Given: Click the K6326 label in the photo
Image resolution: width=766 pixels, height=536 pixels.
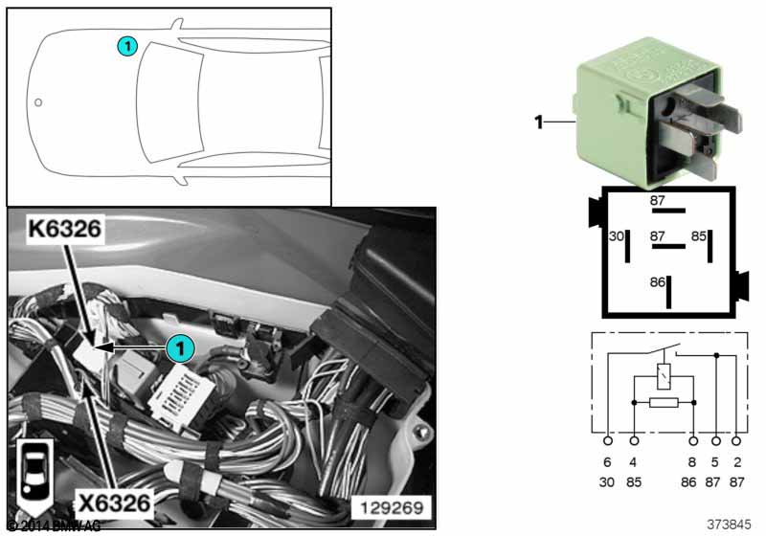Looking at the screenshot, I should (x=65, y=232).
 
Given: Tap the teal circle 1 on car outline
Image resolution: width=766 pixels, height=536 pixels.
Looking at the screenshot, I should (x=126, y=44).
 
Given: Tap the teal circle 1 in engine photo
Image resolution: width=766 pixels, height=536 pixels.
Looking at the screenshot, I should (x=177, y=348).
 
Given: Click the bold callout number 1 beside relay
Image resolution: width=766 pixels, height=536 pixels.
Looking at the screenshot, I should (x=538, y=122).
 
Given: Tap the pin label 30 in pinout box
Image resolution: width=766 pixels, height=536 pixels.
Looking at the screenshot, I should (x=617, y=236).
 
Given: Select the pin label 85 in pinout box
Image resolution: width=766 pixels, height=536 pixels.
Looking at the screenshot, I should (x=699, y=236).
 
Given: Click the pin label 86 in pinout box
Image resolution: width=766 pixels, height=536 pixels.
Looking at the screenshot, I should (x=657, y=282).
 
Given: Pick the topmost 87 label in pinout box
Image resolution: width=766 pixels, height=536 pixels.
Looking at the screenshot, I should (x=657, y=201).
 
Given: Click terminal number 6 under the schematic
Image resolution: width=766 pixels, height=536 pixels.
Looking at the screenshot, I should (x=608, y=464).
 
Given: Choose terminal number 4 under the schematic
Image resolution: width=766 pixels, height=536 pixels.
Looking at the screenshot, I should (x=634, y=464).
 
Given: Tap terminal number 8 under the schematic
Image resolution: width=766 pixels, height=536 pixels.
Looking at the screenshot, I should (x=692, y=464).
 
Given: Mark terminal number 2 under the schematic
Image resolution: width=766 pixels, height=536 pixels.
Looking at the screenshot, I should (x=736, y=464).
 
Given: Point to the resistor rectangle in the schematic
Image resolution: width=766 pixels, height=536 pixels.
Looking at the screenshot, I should (x=664, y=403).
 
